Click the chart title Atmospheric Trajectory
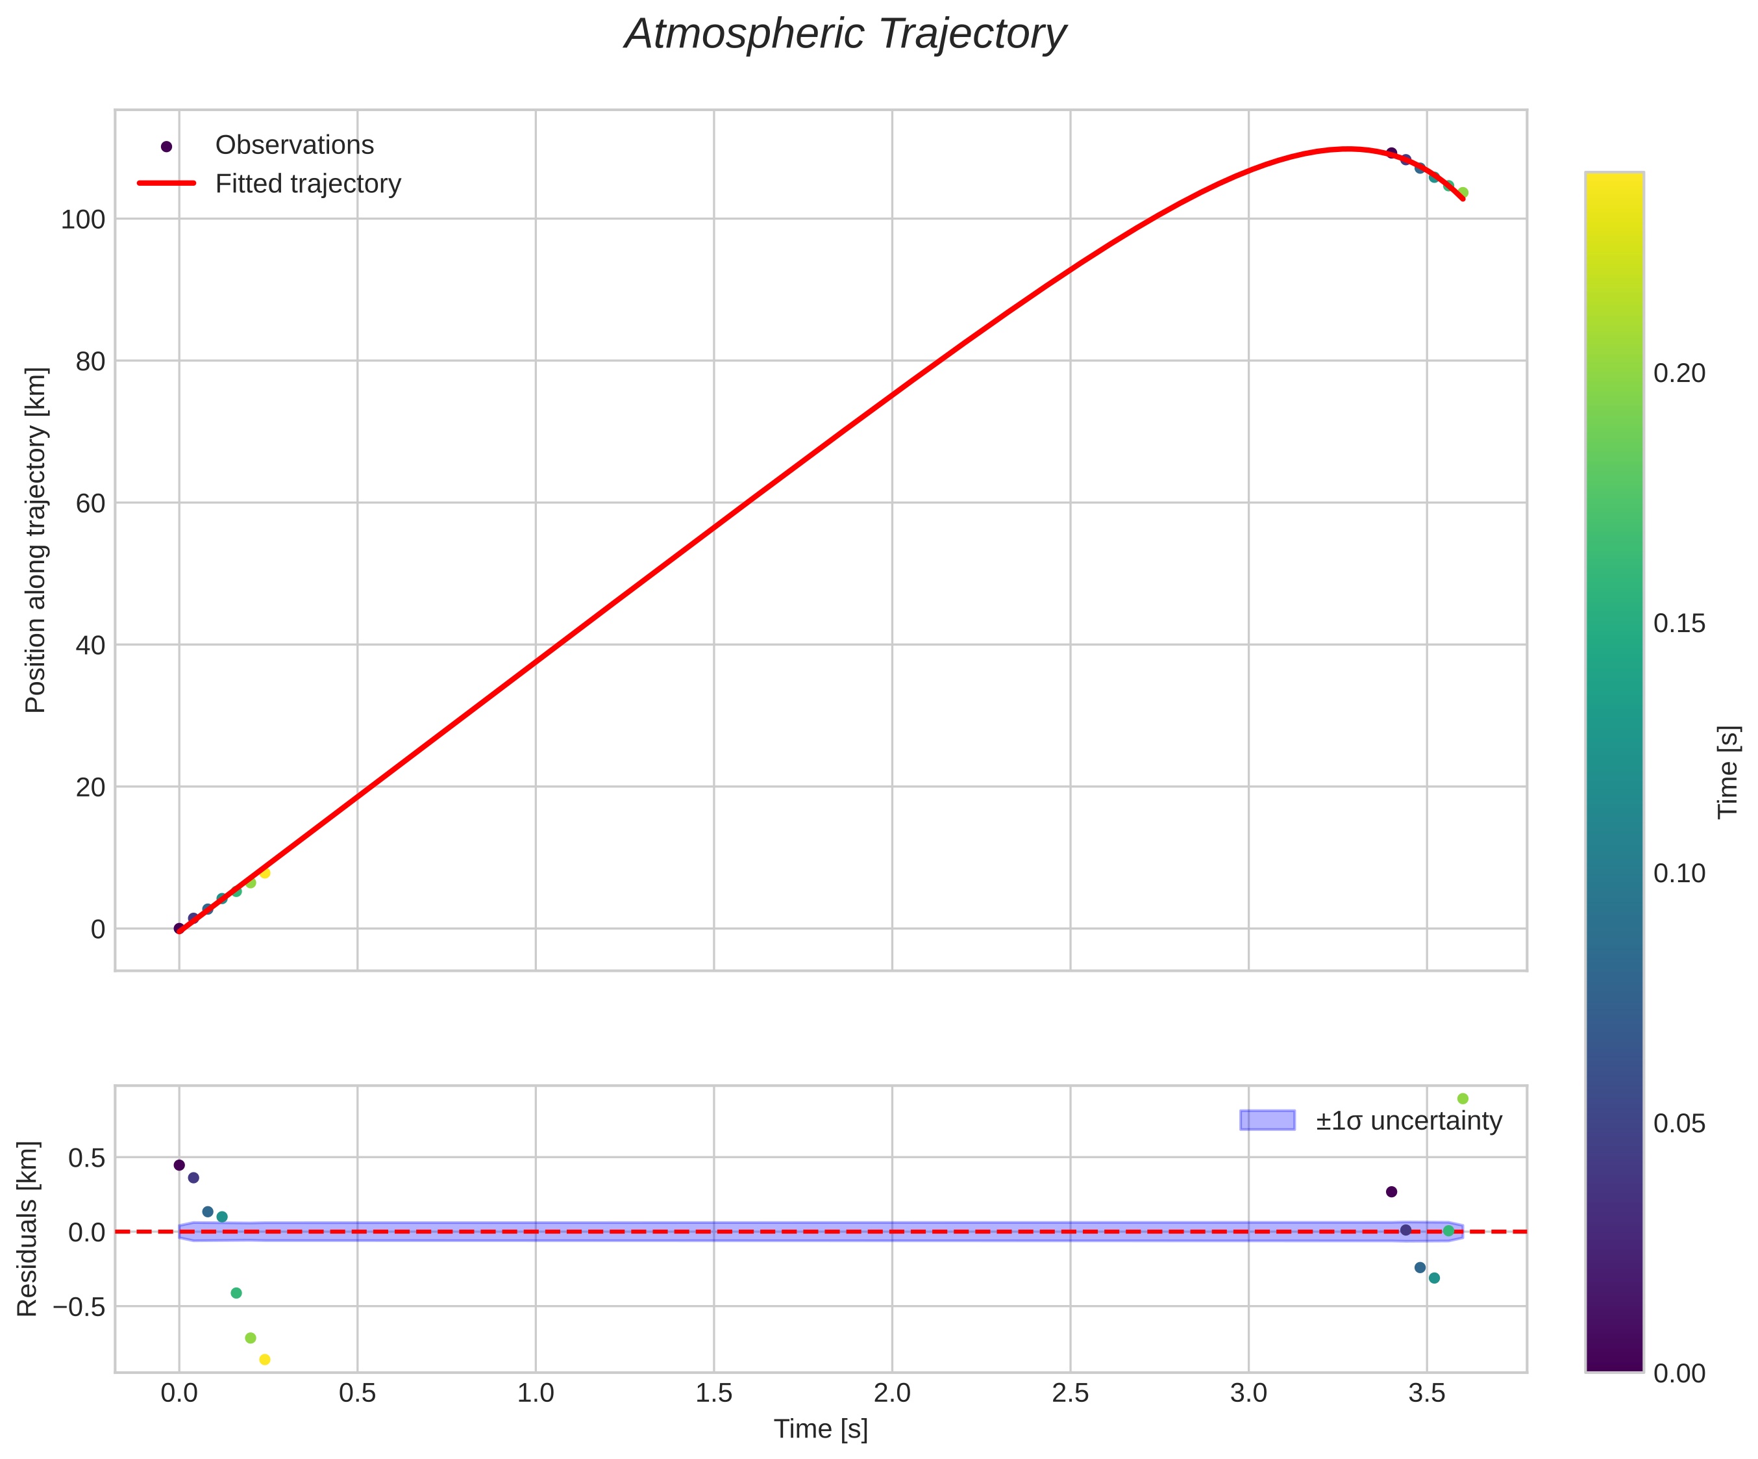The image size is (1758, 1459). [x=845, y=35]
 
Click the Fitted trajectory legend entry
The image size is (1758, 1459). [x=307, y=183]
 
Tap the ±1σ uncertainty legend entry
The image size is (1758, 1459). [x=1408, y=1121]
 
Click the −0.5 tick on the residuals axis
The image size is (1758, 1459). [x=80, y=1306]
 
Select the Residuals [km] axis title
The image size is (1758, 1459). [x=28, y=1228]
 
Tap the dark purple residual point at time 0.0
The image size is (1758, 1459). [x=179, y=1165]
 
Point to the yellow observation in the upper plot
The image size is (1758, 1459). [x=264, y=872]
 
